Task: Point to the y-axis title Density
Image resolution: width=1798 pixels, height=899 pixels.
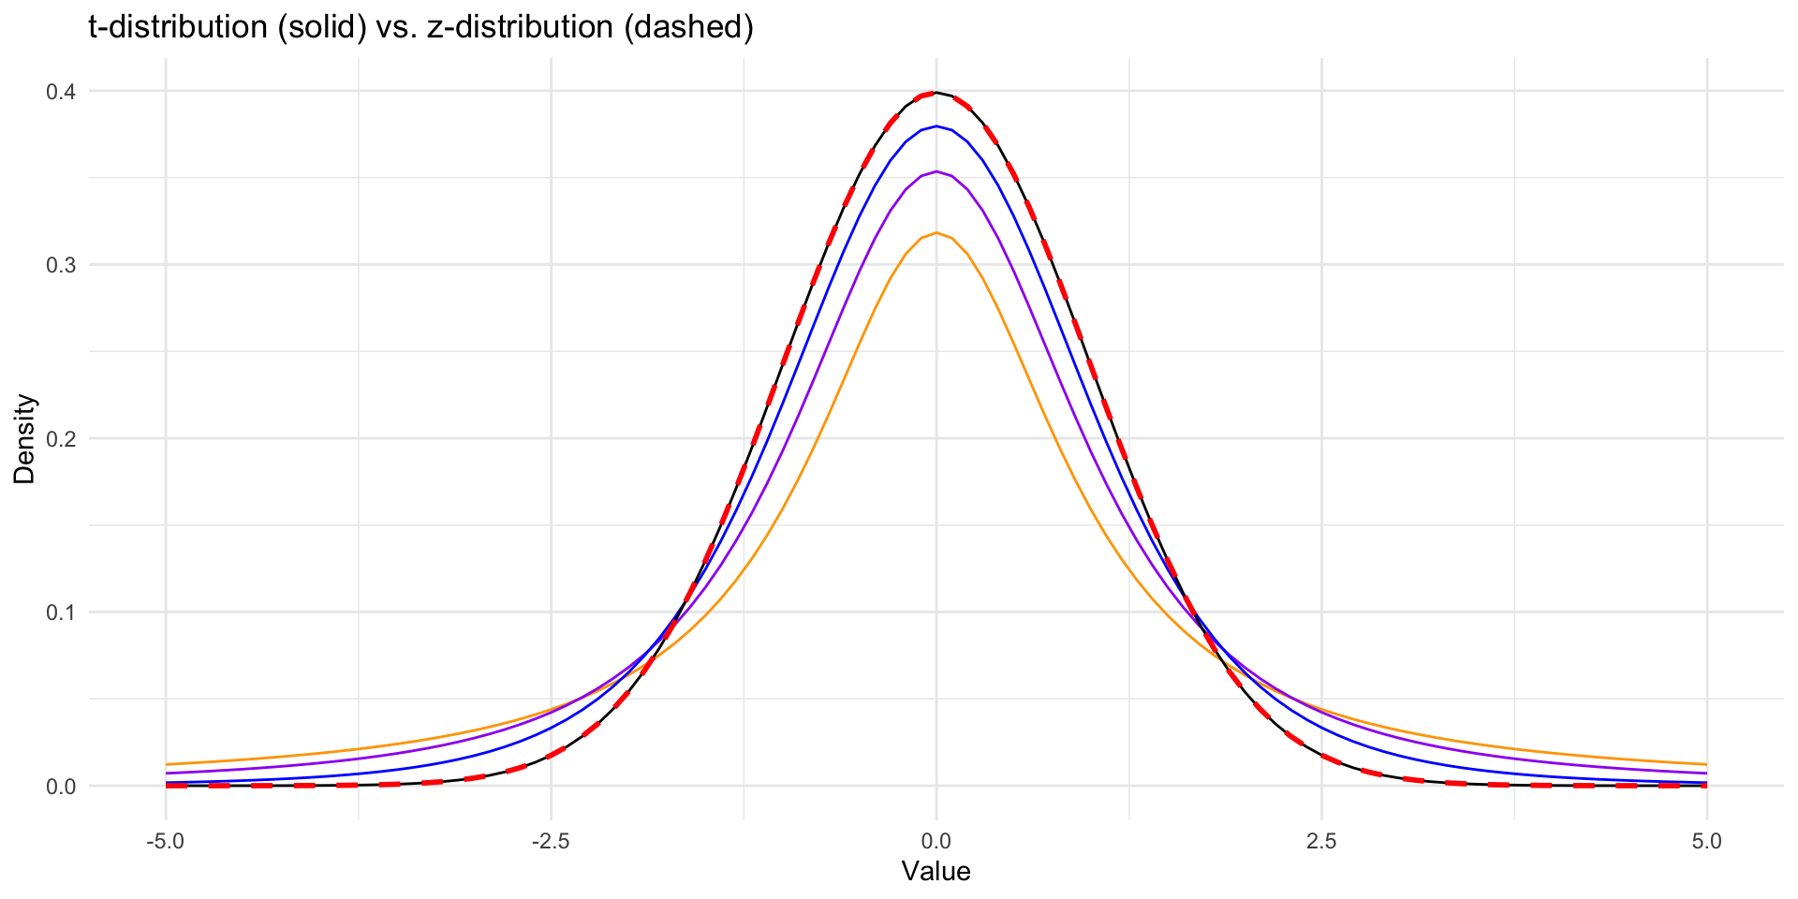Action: [25, 438]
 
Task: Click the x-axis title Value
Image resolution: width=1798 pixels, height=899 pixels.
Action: [936, 872]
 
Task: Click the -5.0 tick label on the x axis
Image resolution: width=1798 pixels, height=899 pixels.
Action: [165, 842]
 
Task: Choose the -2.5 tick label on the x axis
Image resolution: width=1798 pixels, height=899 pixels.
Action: [551, 842]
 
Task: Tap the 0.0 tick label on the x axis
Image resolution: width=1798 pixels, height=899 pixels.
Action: [936, 842]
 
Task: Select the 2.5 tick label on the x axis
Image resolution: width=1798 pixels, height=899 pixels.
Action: [1321, 842]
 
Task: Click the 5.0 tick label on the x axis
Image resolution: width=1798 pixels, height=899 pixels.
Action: [1707, 842]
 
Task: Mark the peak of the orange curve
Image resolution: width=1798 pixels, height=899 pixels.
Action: [936, 233]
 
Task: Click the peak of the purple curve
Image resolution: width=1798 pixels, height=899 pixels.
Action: [936, 171]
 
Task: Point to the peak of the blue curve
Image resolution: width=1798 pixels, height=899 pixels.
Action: [936, 126]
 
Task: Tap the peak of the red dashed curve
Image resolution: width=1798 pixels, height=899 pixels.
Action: [936, 93]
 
